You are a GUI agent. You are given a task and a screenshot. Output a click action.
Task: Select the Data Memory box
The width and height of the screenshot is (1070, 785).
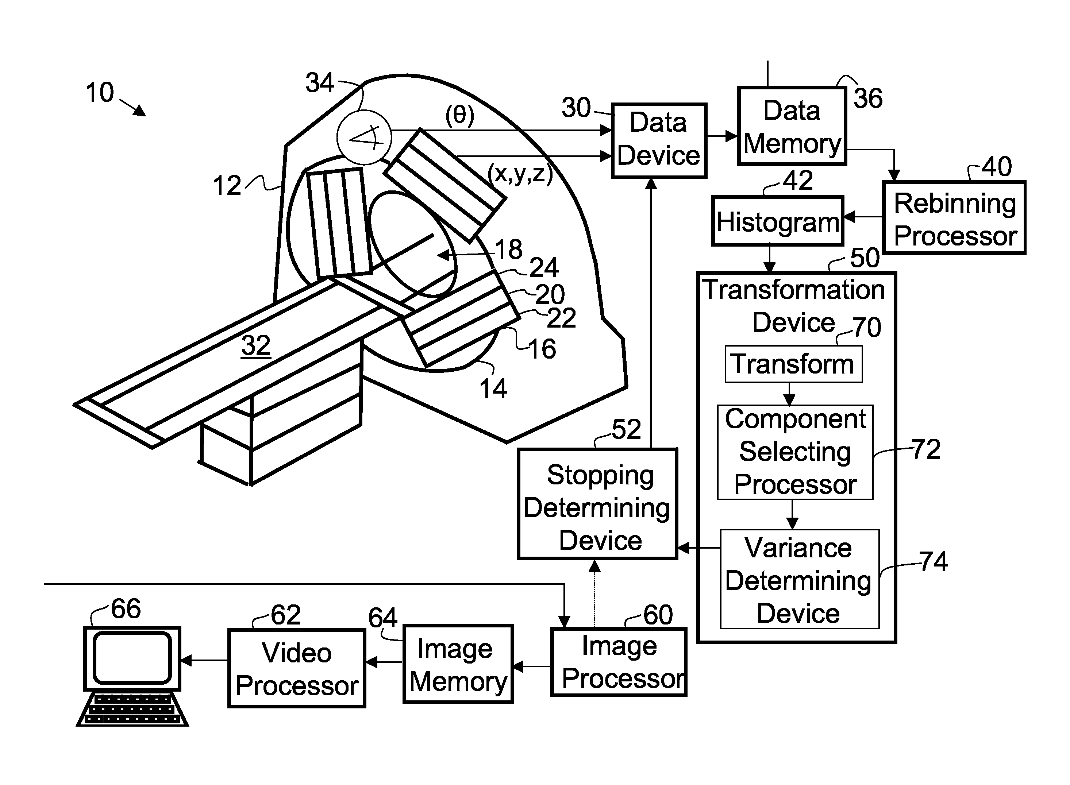(x=792, y=126)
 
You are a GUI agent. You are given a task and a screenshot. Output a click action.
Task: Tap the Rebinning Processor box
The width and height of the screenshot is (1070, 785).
(x=954, y=218)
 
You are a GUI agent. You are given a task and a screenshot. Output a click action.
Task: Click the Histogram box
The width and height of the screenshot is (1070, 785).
(x=777, y=221)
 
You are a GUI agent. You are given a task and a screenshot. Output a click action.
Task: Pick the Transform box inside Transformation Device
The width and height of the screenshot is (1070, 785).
(x=793, y=364)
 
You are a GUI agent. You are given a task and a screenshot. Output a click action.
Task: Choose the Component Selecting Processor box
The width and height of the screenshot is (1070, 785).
(x=795, y=452)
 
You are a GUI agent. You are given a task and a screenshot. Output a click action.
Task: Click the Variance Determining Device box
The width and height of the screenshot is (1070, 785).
(x=799, y=579)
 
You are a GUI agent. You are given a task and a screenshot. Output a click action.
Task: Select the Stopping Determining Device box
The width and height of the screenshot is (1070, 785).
(x=597, y=504)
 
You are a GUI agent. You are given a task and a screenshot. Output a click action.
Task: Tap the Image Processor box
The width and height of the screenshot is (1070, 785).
(x=619, y=662)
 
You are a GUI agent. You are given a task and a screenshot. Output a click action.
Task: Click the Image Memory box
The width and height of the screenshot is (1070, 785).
(x=458, y=664)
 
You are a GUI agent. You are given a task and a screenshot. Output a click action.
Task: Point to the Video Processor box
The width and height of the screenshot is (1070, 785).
(x=297, y=669)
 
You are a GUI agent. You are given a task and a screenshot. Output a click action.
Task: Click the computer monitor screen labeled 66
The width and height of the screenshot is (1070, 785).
(x=132, y=658)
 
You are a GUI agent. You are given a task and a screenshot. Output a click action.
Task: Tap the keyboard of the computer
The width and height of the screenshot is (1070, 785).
(x=132, y=709)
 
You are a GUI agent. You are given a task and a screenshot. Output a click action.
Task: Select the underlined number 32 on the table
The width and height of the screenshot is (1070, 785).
(x=256, y=345)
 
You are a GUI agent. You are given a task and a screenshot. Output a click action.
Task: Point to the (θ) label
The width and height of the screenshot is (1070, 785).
(x=460, y=115)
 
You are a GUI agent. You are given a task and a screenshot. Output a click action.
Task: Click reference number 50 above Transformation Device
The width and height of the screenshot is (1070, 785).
(x=864, y=258)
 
